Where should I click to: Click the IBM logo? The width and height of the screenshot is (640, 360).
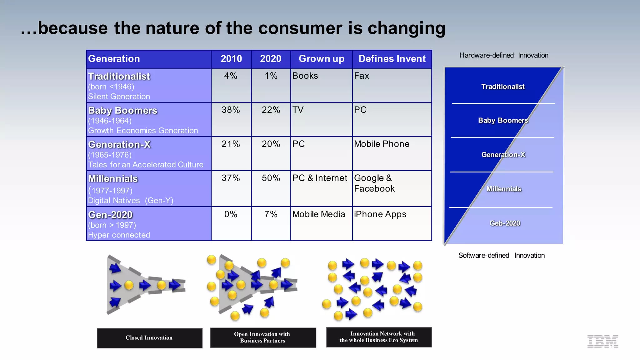602,341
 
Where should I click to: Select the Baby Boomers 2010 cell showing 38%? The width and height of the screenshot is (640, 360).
231,110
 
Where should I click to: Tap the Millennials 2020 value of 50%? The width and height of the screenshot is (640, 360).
271,178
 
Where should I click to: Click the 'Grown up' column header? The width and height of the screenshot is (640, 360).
321,59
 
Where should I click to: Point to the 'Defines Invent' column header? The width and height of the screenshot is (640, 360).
392,59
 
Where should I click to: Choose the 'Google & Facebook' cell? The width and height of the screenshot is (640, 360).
374,183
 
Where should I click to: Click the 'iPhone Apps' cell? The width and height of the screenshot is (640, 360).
380,214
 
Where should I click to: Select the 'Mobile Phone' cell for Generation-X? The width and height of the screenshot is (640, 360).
382,144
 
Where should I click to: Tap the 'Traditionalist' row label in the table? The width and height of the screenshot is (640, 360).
119,76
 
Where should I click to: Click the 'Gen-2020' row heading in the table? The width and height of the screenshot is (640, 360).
110,215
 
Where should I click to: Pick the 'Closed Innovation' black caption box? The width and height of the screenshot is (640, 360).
149,338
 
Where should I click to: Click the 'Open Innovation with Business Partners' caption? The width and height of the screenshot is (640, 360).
262,337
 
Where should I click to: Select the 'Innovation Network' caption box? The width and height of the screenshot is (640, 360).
379,337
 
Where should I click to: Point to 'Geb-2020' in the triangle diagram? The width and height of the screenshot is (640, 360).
505,223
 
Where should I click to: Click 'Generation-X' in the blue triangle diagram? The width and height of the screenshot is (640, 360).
503,155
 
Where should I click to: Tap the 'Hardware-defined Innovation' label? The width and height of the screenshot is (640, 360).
503,55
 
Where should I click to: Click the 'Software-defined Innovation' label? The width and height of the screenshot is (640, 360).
501,255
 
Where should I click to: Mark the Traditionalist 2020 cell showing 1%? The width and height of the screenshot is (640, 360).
271,76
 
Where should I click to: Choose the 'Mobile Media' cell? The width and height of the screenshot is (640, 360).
318,214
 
